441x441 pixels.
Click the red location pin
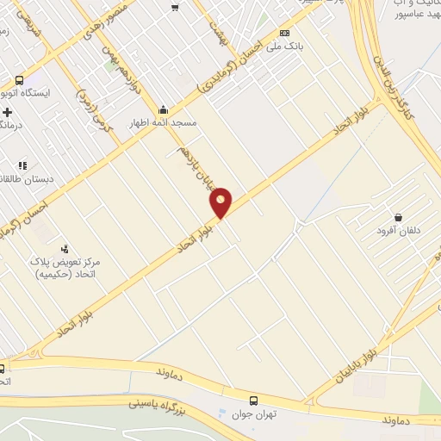[x=221, y=202]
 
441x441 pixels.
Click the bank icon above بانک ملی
[x=285, y=33]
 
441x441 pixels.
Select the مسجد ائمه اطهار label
[x=164, y=122]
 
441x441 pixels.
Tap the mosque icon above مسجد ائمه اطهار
[x=164, y=109]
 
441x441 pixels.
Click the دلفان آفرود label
[x=397, y=231]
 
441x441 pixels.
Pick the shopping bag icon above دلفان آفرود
[x=398, y=217]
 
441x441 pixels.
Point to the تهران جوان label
[x=253, y=413]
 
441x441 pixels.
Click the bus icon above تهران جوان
[x=253, y=401]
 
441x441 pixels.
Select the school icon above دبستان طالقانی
[x=22, y=165]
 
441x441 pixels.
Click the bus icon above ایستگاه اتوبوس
[x=19, y=80]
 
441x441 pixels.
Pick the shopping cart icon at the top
[x=176, y=8]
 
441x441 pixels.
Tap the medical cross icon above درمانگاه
[x=8, y=112]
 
